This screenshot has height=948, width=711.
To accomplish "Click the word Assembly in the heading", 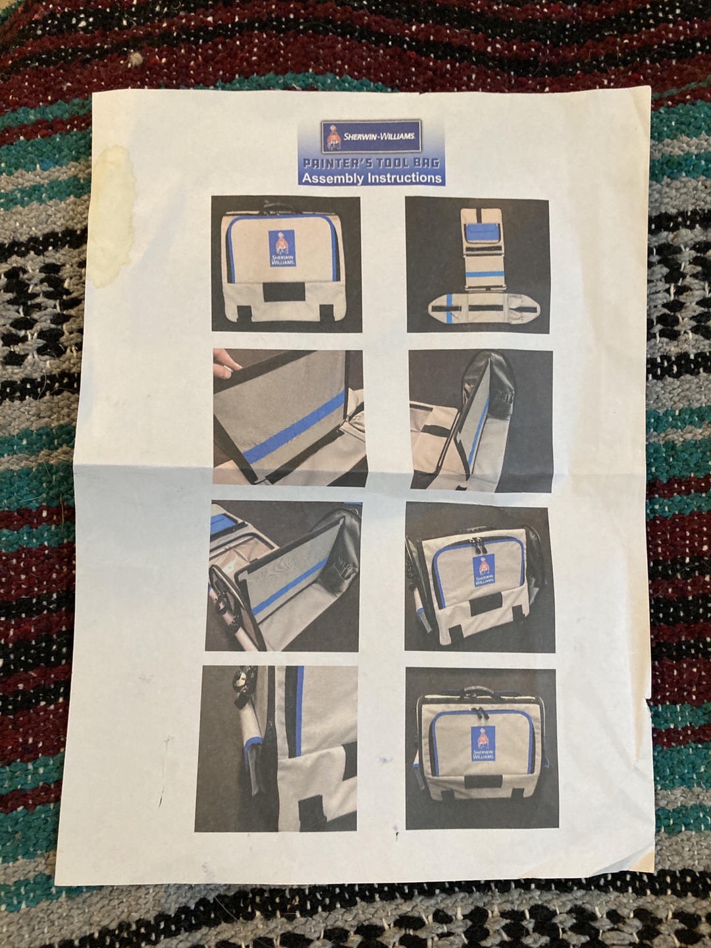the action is click(330, 178).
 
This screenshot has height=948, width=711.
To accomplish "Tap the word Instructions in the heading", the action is click(402, 178).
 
